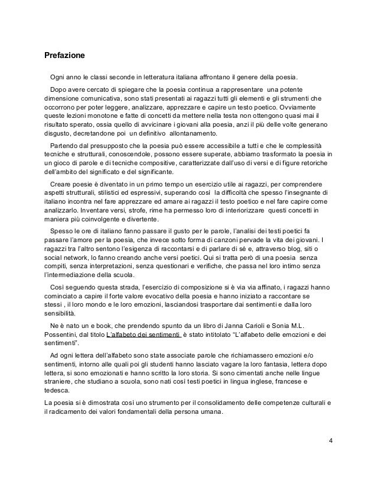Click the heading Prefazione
tap(65, 56)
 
